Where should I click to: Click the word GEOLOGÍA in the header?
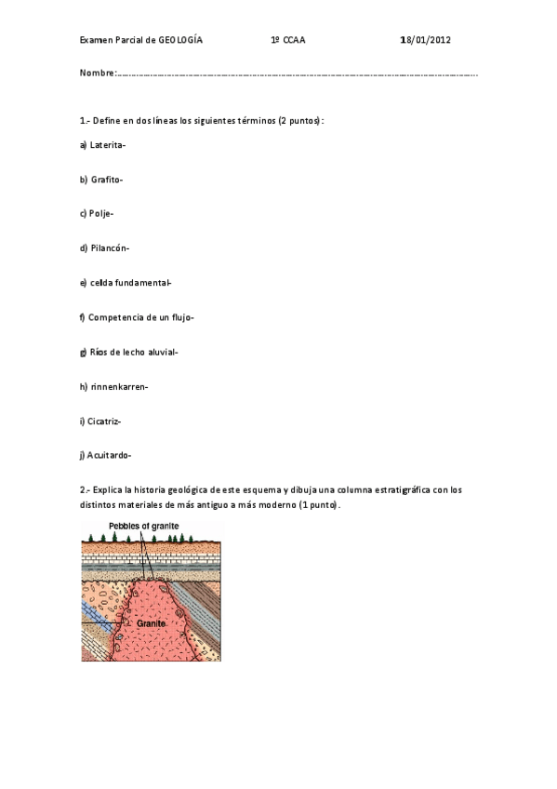coord(180,41)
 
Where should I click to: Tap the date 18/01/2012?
coord(425,41)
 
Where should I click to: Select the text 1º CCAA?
coord(287,41)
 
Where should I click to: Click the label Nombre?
coord(98,73)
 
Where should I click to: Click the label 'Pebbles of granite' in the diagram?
coord(143,526)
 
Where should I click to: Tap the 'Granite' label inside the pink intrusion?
coord(151,622)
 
